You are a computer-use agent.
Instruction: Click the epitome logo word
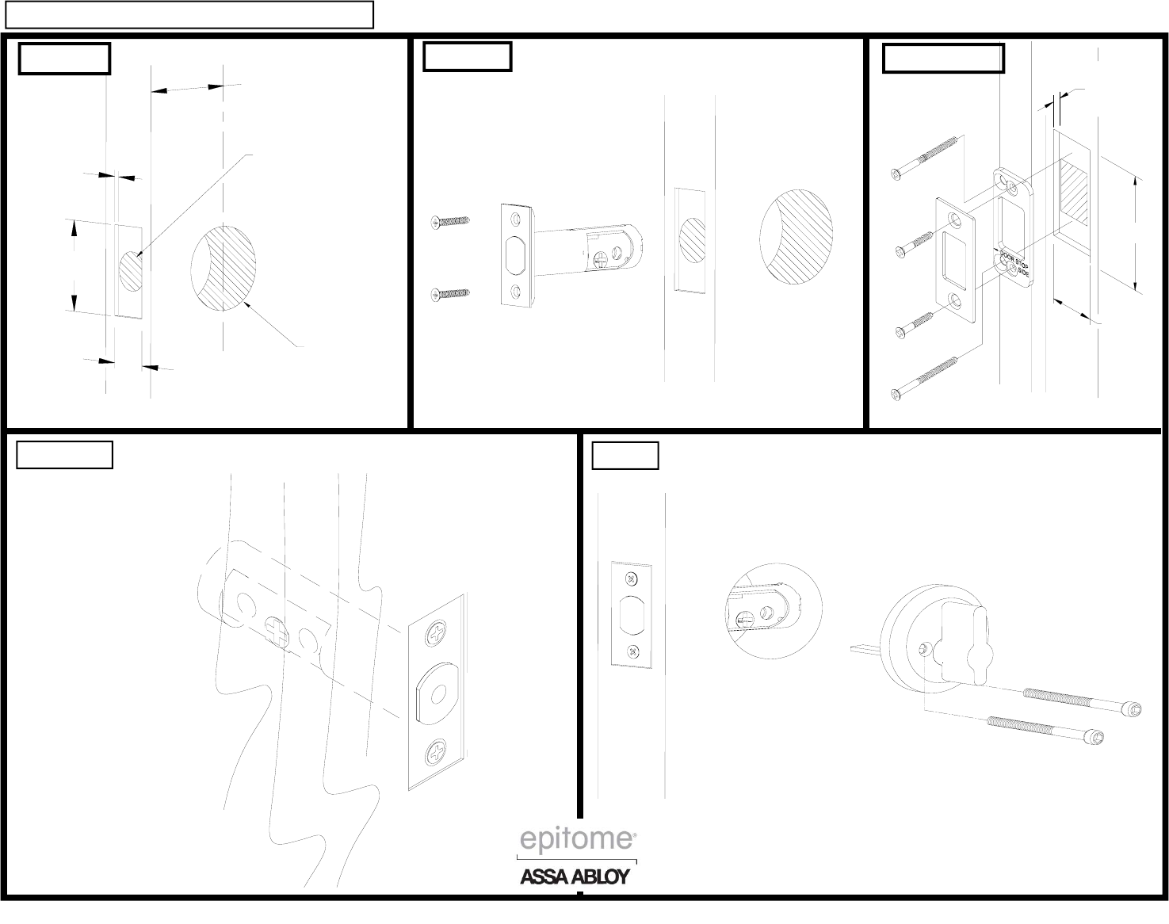(x=578, y=839)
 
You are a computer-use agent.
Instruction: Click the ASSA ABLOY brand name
(x=575, y=876)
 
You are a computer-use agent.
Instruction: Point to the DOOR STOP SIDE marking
(x=1015, y=263)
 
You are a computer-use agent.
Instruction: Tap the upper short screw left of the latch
(x=450, y=222)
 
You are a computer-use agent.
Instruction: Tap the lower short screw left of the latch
(x=450, y=294)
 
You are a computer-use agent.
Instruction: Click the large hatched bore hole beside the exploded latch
(x=797, y=237)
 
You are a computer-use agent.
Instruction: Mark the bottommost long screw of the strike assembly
(x=925, y=379)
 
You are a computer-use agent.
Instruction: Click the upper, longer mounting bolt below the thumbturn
(x=1082, y=701)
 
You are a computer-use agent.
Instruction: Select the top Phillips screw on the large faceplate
(x=437, y=633)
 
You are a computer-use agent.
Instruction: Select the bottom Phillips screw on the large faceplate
(x=437, y=753)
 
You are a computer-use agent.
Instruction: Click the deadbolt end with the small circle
(x=439, y=692)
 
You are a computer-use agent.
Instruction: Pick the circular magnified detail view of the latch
(x=774, y=610)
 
